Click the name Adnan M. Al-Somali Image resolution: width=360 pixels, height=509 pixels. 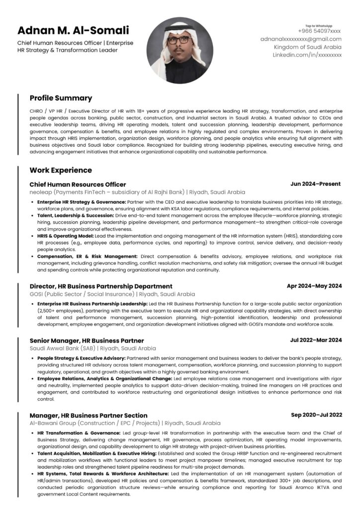tap(73, 30)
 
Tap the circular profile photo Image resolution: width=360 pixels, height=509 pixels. tap(180, 50)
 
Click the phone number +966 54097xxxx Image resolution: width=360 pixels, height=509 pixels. tap(319, 31)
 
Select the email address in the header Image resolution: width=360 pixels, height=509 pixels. tap(301, 39)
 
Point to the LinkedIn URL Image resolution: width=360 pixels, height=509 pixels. tap(307, 55)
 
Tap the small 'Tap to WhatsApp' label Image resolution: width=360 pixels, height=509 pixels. tap(319, 25)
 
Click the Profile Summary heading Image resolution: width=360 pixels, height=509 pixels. tap(61, 98)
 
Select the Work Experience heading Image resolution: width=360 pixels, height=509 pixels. tap(61, 170)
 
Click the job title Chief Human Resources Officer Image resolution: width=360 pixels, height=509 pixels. tap(78, 184)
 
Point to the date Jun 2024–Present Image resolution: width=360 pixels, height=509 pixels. tap(315, 184)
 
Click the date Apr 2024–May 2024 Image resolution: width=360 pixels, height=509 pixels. tap(314, 286)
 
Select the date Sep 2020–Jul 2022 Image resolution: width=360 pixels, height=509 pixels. tap(316, 415)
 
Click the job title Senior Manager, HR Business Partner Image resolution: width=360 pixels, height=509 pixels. tap(87, 340)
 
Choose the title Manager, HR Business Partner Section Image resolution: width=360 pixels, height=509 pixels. tap(89, 415)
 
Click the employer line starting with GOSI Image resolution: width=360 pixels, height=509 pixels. tap(112, 294)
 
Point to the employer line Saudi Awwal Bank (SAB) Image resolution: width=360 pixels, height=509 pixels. tap(92, 348)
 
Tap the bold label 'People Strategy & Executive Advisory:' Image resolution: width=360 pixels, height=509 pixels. tap(82, 358)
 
